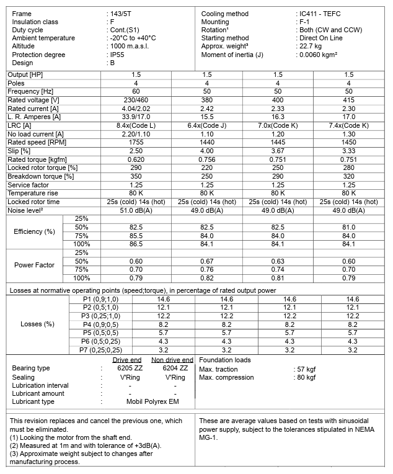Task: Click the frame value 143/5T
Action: click(x=122, y=14)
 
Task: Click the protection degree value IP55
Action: click(x=116, y=55)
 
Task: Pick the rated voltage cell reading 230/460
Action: click(x=136, y=99)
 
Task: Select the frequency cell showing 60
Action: click(x=136, y=91)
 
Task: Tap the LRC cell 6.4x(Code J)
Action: click(x=206, y=125)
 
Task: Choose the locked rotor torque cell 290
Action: click(x=136, y=168)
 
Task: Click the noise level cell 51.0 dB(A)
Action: click(x=136, y=210)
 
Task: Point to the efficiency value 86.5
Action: click(x=136, y=244)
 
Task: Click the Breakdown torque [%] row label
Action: click(x=41, y=176)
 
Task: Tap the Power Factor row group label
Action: click(x=34, y=266)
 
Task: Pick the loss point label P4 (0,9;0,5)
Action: click(x=100, y=324)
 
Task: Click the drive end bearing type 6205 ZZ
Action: click(x=130, y=368)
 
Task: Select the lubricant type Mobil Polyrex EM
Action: click(x=152, y=402)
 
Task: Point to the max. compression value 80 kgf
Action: click(x=306, y=377)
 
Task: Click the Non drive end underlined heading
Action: click(x=172, y=360)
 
